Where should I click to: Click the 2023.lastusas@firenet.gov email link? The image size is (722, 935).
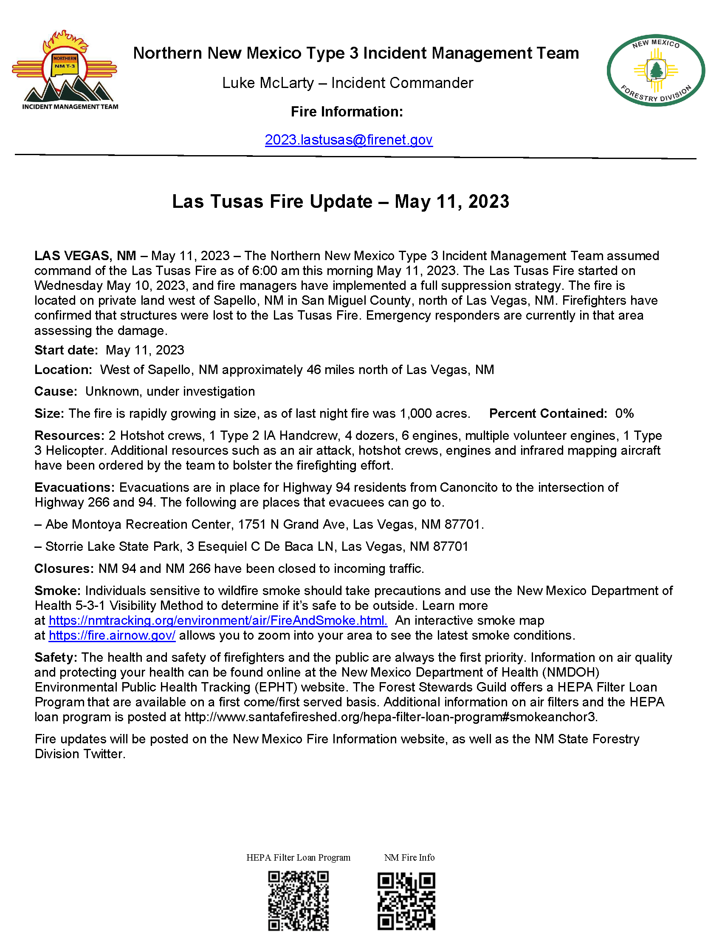click(x=349, y=140)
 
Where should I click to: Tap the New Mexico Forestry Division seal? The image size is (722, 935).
click(x=655, y=70)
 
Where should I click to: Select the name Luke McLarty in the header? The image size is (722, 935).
click(x=268, y=83)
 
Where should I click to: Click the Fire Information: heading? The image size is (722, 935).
click(x=347, y=112)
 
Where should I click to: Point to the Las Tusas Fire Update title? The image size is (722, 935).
click(x=341, y=201)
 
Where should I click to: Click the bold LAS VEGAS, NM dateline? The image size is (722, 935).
click(x=85, y=256)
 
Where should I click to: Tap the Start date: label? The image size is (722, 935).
click(x=66, y=350)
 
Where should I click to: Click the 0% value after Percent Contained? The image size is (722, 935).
click(x=624, y=414)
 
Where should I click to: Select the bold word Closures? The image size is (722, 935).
click(x=64, y=569)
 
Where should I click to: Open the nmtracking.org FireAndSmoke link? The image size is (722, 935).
click(x=218, y=621)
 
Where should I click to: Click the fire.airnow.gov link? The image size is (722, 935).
click(x=112, y=635)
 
